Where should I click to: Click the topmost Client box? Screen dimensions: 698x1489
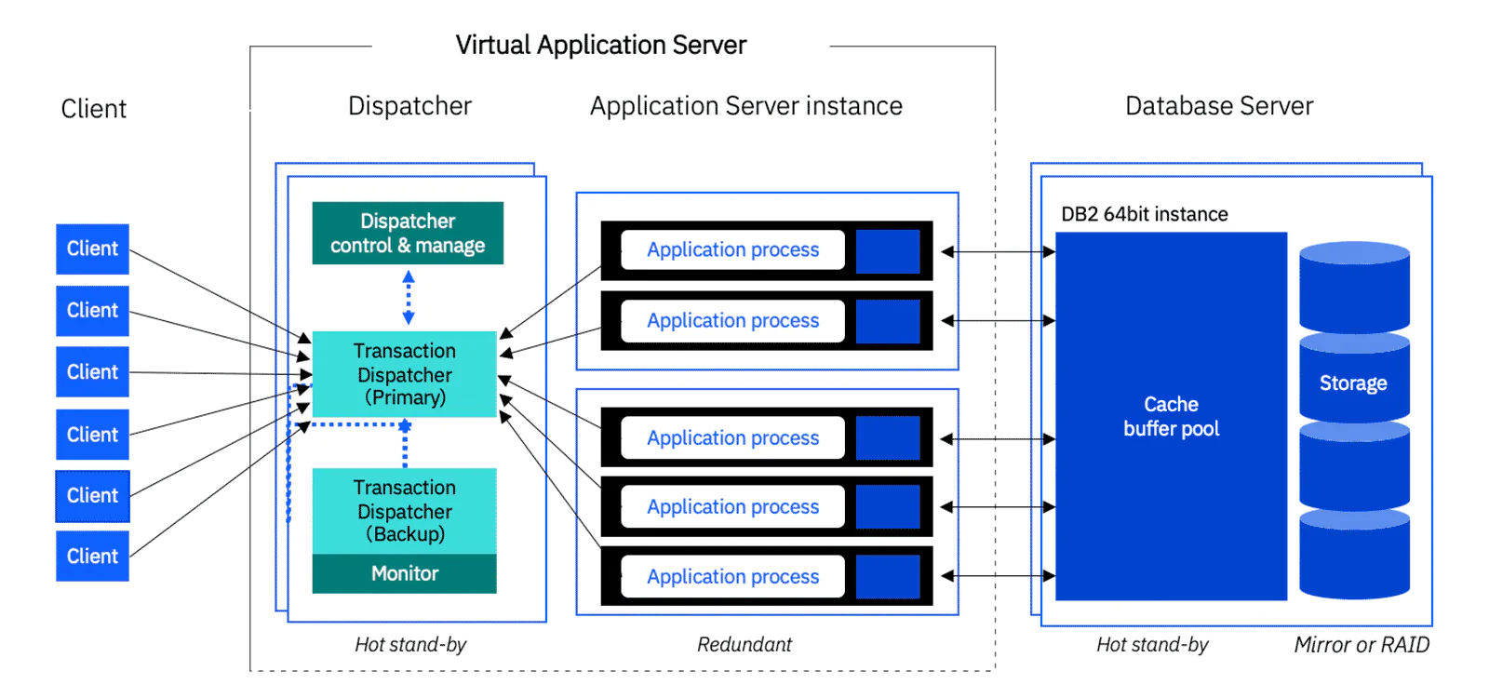click(x=92, y=248)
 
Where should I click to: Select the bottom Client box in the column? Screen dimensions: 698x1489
click(x=92, y=556)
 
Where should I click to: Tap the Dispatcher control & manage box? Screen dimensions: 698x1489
click(x=408, y=234)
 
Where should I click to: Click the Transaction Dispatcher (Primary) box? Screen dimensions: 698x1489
click(x=404, y=374)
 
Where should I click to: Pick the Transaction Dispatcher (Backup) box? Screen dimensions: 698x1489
click(x=404, y=511)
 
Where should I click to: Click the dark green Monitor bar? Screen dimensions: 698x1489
click(x=404, y=574)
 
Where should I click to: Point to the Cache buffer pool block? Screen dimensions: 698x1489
click(x=1171, y=416)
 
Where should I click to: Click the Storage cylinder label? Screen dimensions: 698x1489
click(x=1353, y=383)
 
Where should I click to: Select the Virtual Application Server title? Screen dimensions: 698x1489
click(x=601, y=45)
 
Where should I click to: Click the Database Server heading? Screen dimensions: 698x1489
click(x=1219, y=106)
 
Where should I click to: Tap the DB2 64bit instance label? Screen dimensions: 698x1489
click(x=1145, y=214)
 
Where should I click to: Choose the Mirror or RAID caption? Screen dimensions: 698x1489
click(x=1362, y=645)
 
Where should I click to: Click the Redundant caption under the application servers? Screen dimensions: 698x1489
click(x=744, y=645)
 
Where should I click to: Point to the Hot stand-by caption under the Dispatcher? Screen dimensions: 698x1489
click(x=410, y=645)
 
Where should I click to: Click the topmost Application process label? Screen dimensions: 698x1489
click(x=733, y=249)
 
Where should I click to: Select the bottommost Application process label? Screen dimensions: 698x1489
click(x=733, y=576)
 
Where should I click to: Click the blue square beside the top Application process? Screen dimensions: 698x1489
click(x=887, y=250)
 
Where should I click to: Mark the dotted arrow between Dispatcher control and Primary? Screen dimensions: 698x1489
click(x=408, y=298)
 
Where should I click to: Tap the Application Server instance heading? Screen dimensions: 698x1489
click(x=746, y=106)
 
